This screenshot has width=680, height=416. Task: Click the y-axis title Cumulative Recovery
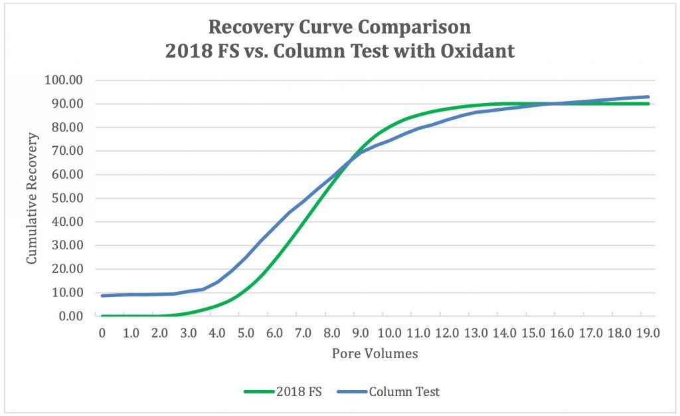pyautogui.click(x=32, y=198)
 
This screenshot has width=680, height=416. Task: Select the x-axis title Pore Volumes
pyautogui.click(x=375, y=354)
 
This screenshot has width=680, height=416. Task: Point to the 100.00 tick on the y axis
pyautogui.click(x=62, y=80)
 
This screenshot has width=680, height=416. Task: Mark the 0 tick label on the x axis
pyautogui.click(x=102, y=332)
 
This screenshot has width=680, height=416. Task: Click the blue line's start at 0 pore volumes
pyautogui.click(x=103, y=296)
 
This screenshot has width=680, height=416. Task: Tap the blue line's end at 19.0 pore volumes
pyautogui.click(x=647, y=97)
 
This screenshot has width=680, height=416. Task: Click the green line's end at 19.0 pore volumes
pyautogui.click(x=647, y=104)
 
